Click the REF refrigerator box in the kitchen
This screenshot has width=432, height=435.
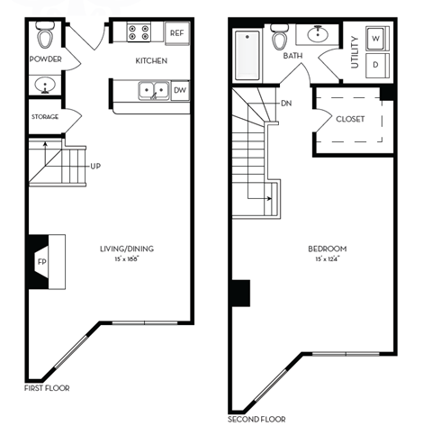coord(177,33)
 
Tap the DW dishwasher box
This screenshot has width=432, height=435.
coord(180,90)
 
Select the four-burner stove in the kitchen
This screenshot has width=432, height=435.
coord(140,33)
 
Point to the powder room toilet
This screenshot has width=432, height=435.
coord(45,37)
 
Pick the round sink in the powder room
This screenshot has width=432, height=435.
coord(44,86)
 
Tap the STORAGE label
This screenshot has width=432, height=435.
coord(45,117)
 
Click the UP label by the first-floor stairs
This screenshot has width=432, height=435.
coord(94,166)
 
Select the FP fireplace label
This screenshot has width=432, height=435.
coord(41,262)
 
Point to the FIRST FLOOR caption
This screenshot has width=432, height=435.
coord(47,388)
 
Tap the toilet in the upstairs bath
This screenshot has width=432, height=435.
coord(280,41)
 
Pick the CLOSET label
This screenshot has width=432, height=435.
coord(349,119)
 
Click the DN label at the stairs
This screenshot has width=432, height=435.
coord(285,103)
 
